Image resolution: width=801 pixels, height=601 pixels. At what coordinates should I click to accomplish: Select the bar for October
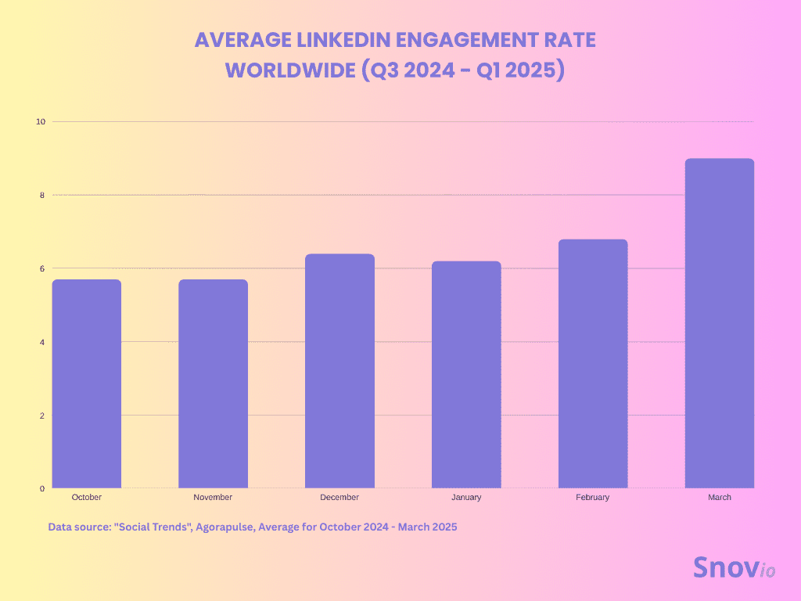tap(86, 383)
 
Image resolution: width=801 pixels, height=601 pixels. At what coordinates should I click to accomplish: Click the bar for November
tap(213, 383)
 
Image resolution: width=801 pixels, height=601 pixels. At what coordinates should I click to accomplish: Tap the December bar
tap(339, 371)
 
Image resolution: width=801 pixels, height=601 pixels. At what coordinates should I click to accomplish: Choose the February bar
tap(593, 363)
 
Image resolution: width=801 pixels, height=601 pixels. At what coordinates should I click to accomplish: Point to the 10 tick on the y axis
tap(41, 122)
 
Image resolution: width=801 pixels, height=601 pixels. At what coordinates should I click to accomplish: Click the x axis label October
tap(86, 497)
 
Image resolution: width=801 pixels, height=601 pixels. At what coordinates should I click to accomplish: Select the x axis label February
tap(593, 497)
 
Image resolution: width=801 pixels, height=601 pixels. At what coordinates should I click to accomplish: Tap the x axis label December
tap(339, 497)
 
